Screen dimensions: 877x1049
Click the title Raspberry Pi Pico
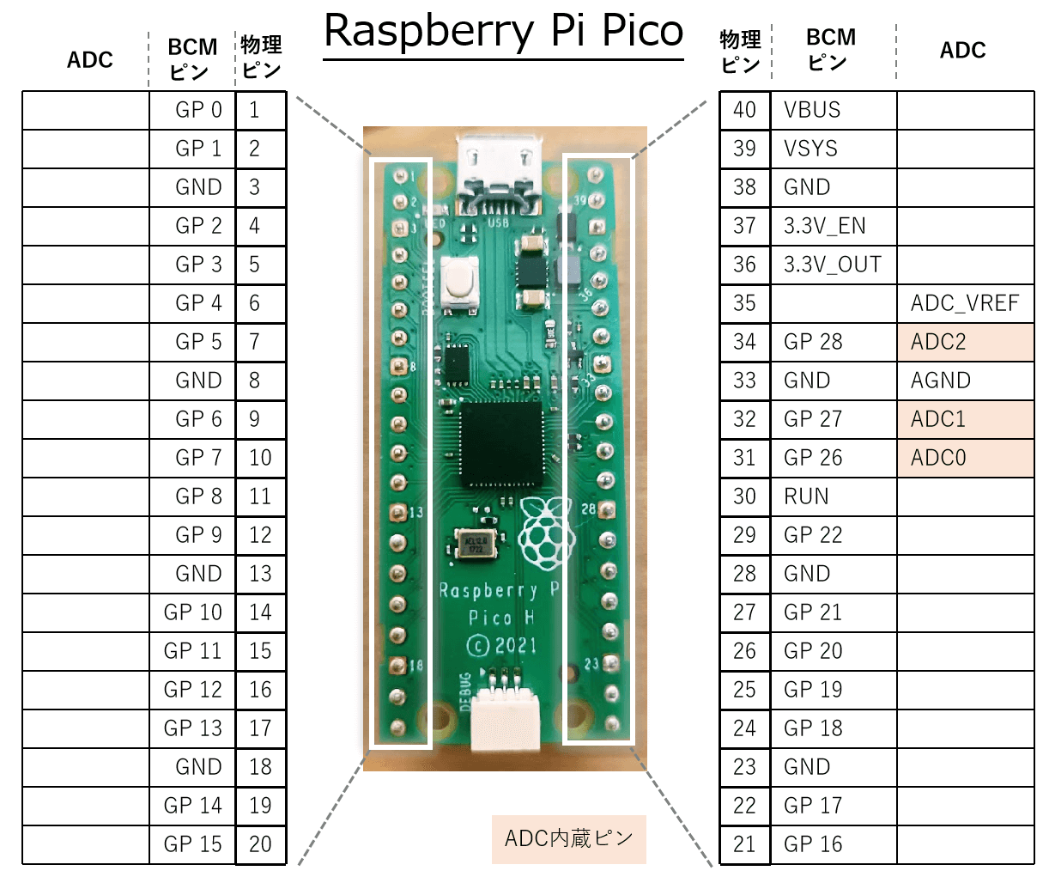[504, 32]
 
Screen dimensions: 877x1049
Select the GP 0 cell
[198, 110]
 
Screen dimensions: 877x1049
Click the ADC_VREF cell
[965, 303]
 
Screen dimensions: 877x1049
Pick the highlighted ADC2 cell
[965, 342]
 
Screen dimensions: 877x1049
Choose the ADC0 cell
[965, 458]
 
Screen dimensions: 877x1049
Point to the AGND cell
[965, 381]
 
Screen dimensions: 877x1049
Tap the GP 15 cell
[193, 844]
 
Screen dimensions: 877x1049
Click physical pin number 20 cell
[260, 844]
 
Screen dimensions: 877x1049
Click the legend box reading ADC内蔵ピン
[568, 838]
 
